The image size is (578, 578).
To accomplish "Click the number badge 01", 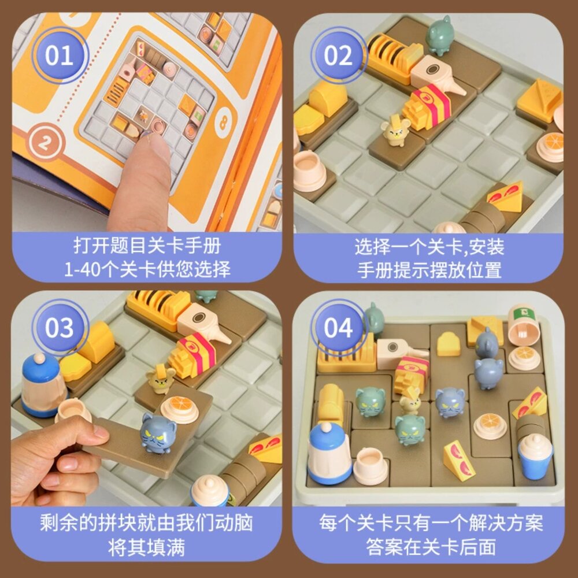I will click(x=60, y=56).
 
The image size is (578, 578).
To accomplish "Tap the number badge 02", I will click(x=338, y=56).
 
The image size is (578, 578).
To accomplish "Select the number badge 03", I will click(x=60, y=328).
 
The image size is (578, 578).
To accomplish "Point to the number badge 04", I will click(x=338, y=328).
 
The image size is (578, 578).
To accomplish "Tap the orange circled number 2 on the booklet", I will click(x=38, y=140).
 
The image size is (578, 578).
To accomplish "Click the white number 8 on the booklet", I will click(x=223, y=123).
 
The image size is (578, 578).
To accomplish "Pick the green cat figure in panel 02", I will click(x=439, y=35).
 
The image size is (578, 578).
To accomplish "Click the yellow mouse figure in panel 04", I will click(x=410, y=399).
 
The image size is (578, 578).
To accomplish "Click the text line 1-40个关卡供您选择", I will click(x=147, y=269).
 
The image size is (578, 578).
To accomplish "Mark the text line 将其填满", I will click(x=147, y=546).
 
